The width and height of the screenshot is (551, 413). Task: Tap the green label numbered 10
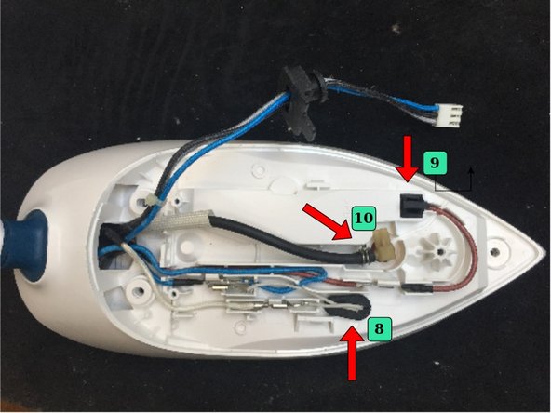click(x=364, y=219)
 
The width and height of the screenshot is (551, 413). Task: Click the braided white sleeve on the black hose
click(x=195, y=220)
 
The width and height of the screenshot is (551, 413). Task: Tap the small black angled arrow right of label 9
click(x=471, y=180)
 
